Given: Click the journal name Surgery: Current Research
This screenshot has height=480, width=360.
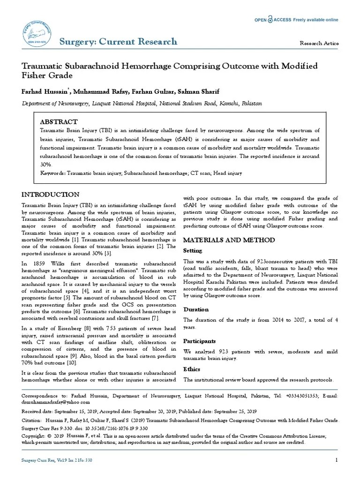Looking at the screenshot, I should pyautogui.click(x=118, y=41).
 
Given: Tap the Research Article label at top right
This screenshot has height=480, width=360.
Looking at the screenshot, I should pyautogui.click(x=319, y=43).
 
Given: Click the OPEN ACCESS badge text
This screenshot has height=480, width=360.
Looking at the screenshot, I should pyautogui.click(x=273, y=20).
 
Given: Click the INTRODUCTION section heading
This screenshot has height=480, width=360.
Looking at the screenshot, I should pyautogui.click(x=51, y=195).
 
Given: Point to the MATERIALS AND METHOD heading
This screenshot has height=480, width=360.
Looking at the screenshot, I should pyautogui.click(x=229, y=240).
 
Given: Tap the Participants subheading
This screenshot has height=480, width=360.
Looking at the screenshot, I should pyautogui.click(x=199, y=341).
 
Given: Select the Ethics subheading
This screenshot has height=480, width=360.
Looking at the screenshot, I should pyautogui.click(x=191, y=369).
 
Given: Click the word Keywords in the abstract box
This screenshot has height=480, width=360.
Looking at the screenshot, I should pyautogui.click(x=52, y=173).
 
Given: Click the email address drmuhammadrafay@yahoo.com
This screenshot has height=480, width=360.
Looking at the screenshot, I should pyautogui.click(x=56, y=402).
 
